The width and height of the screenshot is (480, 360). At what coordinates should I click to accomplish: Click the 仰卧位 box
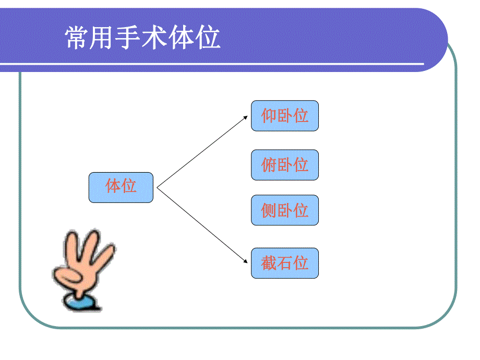tap(284, 116)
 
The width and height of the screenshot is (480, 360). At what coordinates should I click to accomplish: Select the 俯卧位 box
tap(284, 165)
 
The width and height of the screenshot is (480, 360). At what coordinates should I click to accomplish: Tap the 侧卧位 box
tap(284, 210)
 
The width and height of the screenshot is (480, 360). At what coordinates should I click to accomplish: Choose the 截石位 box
tap(284, 263)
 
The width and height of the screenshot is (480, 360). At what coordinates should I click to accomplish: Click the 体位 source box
tap(121, 187)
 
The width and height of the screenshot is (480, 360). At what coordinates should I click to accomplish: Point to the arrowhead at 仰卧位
tap(246, 117)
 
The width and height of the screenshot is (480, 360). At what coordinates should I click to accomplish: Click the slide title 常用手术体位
tap(142, 38)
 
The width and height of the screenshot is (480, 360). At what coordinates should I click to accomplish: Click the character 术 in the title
tap(155, 38)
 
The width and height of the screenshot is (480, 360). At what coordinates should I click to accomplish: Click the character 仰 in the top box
tap(269, 116)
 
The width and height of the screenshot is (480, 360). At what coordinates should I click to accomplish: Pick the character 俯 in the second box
tap(269, 165)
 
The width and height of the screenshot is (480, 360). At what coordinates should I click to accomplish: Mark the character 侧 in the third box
tap(269, 210)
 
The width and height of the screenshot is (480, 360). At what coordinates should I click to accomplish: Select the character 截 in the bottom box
tap(269, 263)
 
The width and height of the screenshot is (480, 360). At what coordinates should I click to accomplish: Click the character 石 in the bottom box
tap(285, 263)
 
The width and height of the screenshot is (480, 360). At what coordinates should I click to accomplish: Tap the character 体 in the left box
tap(113, 186)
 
